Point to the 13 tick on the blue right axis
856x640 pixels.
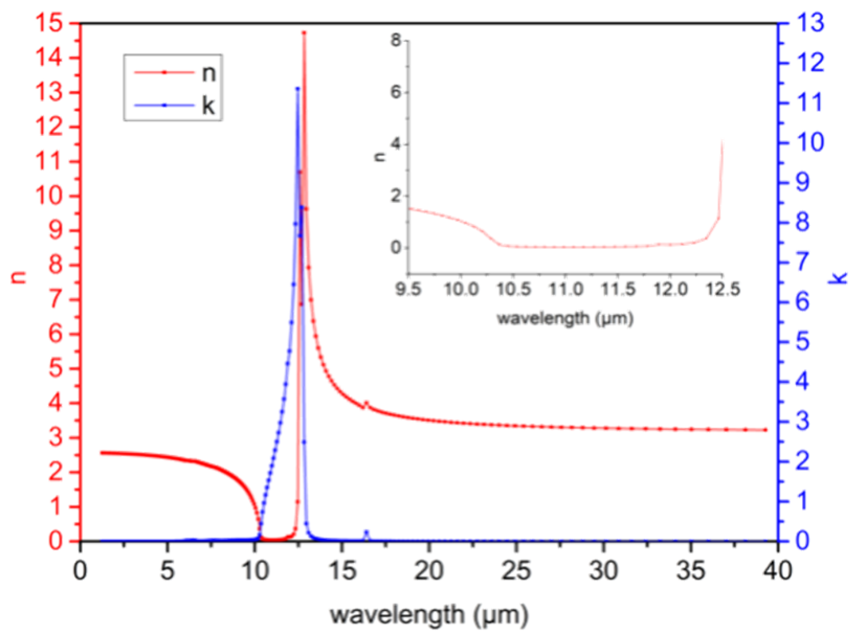coord(809,24)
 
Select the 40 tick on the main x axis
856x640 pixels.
coord(778,570)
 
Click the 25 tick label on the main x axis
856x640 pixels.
coord(516,570)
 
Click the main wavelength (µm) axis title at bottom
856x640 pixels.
coord(429,615)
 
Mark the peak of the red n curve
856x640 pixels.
coord(304,33)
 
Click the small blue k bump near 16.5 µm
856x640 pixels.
coord(366,532)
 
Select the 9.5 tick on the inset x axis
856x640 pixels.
coord(408,289)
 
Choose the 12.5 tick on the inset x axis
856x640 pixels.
coord(722,289)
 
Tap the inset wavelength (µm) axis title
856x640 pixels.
coord(565,318)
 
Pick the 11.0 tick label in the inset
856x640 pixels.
coord(565,289)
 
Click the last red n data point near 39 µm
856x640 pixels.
coord(765,430)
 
